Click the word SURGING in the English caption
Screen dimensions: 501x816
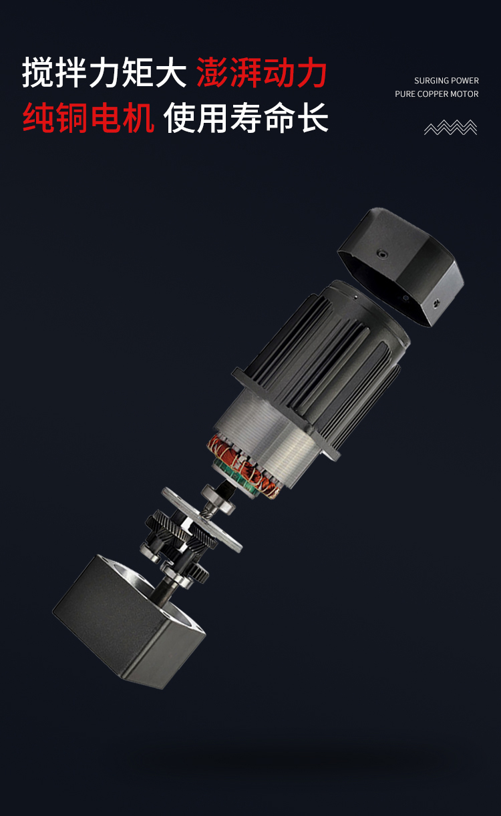431,81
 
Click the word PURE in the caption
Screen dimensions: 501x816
405,94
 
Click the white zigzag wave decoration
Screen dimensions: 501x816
451,128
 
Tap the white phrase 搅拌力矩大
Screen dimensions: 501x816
104,72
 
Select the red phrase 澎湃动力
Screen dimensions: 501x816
262,72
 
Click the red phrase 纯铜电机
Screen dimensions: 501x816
88,118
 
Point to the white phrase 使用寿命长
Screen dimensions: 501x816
246,118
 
